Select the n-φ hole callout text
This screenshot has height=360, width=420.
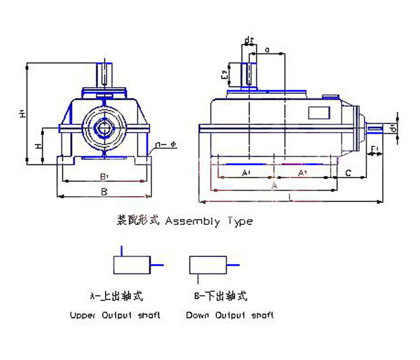pyautogui.click(x=166, y=144)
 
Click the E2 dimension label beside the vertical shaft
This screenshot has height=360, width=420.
pyautogui.click(x=224, y=74)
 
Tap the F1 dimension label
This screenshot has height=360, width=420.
pyautogui.click(x=374, y=148)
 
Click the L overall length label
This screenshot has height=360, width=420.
pyautogui.click(x=291, y=196)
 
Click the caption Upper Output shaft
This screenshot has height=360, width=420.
pyautogui.click(x=115, y=314)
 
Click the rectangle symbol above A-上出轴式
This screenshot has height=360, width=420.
pyautogui.click(x=131, y=265)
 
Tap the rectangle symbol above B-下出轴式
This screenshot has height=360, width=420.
pyautogui.click(x=208, y=265)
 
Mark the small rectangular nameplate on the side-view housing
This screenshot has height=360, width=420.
pyautogui.click(x=319, y=113)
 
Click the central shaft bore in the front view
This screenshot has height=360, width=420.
pyautogui.click(x=104, y=127)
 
